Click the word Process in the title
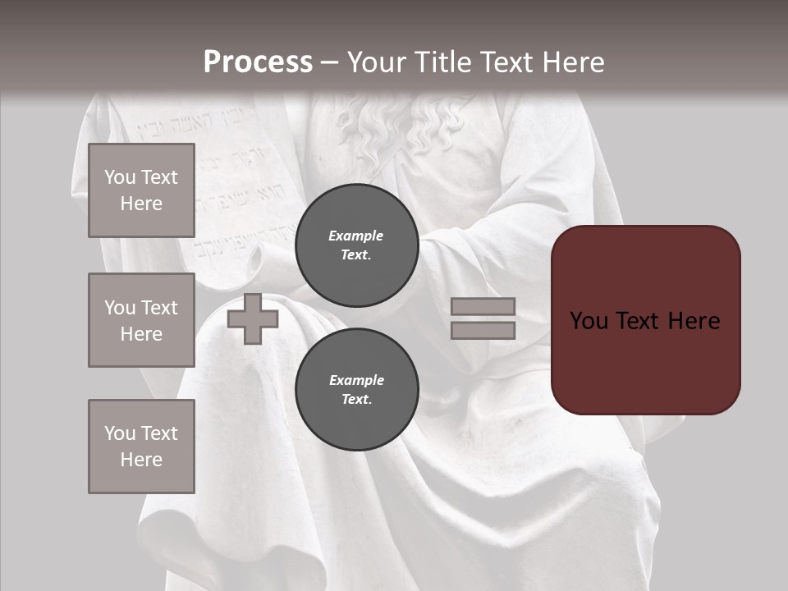pyautogui.click(x=258, y=62)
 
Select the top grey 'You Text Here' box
pyautogui.click(x=141, y=190)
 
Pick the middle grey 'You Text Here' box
pyautogui.click(x=141, y=320)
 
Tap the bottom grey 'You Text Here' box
pyautogui.click(x=141, y=446)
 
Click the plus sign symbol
pyautogui.click(x=252, y=318)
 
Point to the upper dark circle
pyautogui.click(x=356, y=245)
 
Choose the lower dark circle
pyautogui.click(x=356, y=389)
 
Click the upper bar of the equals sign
pyautogui.click(x=483, y=306)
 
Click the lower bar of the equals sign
pyautogui.click(x=483, y=330)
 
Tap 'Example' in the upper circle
pyautogui.click(x=355, y=236)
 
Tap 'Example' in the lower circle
pyautogui.click(x=356, y=380)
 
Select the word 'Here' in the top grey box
pyautogui.click(x=141, y=204)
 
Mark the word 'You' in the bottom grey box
pyautogui.click(x=119, y=433)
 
